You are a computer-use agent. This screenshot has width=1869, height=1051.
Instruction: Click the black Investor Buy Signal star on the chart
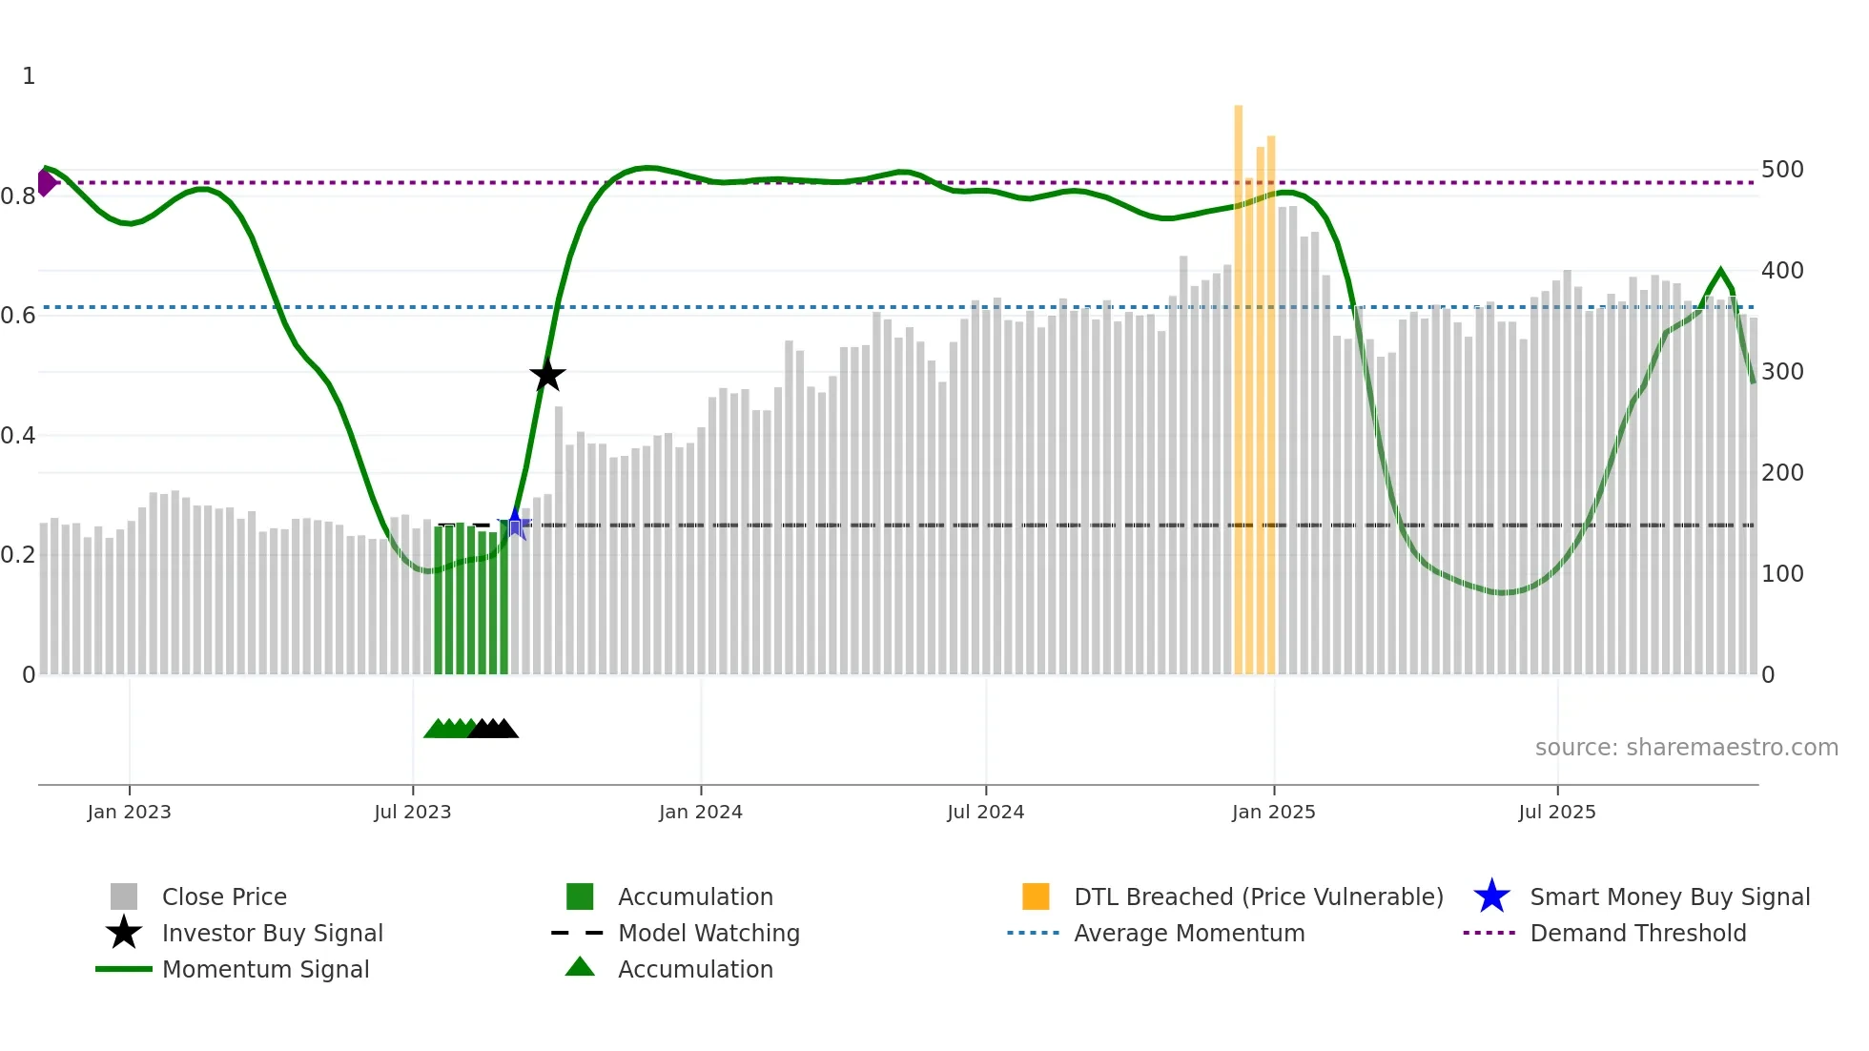click(547, 375)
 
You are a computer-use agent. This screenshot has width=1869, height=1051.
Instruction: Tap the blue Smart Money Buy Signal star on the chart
click(515, 523)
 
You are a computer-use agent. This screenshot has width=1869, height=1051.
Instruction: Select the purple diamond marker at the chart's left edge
click(46, 182)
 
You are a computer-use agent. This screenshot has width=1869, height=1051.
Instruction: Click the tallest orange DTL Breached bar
click(1238, 381)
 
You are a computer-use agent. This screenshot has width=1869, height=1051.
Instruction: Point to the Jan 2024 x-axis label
click(700, 812)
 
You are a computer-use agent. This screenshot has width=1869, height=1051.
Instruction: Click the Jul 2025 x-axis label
click(1556, 812)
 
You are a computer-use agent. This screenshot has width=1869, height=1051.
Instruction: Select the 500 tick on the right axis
click(1782, 170)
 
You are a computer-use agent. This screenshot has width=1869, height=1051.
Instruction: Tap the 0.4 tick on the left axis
click(18, 436)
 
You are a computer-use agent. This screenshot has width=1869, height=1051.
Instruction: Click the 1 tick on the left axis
click(29, 76)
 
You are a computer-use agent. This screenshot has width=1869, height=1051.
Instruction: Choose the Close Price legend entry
click(224, 896)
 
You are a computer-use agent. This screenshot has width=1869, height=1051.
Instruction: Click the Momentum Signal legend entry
click(265, 969)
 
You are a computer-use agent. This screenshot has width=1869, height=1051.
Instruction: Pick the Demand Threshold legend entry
click(1637, 933)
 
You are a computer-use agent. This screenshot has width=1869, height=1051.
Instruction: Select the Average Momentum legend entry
click(1188, 933)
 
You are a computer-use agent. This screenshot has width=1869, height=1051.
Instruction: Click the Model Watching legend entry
click(708, 933)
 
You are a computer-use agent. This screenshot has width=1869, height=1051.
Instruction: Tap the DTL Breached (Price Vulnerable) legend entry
click(1258, 896)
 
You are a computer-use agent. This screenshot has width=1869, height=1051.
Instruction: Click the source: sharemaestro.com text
click(1686, 747)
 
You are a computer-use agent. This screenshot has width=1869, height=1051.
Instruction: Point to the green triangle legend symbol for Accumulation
click(580, 967)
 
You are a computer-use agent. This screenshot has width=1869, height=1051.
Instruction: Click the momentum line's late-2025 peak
click(1720, 271)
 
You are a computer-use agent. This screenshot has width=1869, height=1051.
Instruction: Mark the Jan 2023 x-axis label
click(129, 812)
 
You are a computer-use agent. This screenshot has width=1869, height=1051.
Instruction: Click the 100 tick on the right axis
click(1782, 574)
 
